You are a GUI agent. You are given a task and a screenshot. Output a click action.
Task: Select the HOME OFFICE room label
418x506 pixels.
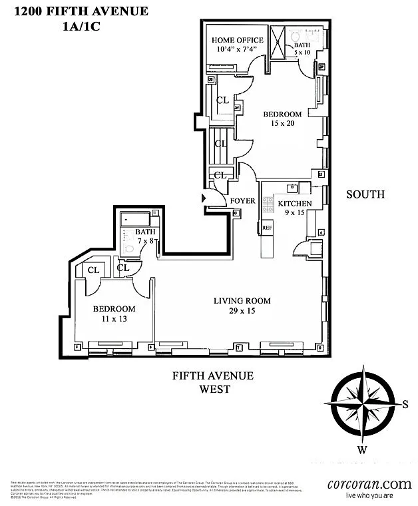[x=238, y=40]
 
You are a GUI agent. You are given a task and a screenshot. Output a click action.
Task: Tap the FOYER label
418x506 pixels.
[x=242, y=201]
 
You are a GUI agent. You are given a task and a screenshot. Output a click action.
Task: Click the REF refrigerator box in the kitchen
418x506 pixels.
[x=267, y=228]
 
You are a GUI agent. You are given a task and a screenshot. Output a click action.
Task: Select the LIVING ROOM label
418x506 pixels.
[x=242, y=300]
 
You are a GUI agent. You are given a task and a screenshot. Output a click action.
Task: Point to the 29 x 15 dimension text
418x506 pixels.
[x=242, y=311]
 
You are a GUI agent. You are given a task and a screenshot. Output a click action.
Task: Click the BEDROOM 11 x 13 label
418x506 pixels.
[x=114, y=309]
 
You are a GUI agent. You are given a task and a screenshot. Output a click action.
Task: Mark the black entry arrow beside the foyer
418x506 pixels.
[x=204, y=198]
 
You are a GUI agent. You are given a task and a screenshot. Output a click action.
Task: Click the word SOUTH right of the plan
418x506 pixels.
[x=365, y=194]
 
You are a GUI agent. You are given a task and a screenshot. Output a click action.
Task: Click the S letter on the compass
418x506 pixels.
[x=404, y=404]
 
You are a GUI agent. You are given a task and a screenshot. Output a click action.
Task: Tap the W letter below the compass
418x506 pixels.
[x=362, y=449]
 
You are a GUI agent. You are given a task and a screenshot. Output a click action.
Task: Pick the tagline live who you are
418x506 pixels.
[x=369, y=496]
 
